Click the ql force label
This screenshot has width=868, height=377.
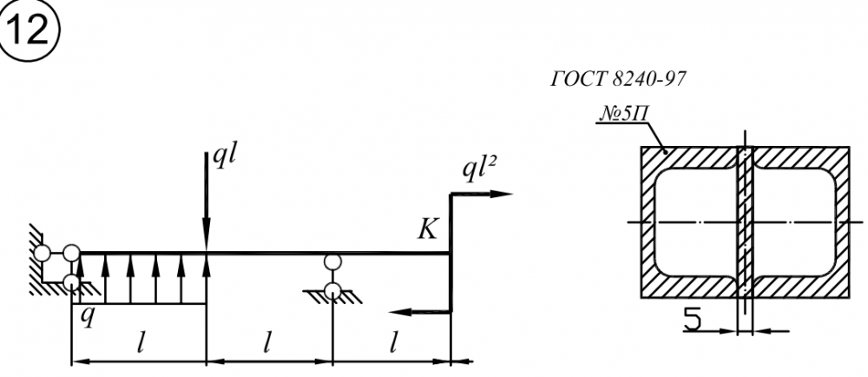224,160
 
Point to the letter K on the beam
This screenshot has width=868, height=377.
428,228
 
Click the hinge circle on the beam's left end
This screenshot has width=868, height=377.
71,254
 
